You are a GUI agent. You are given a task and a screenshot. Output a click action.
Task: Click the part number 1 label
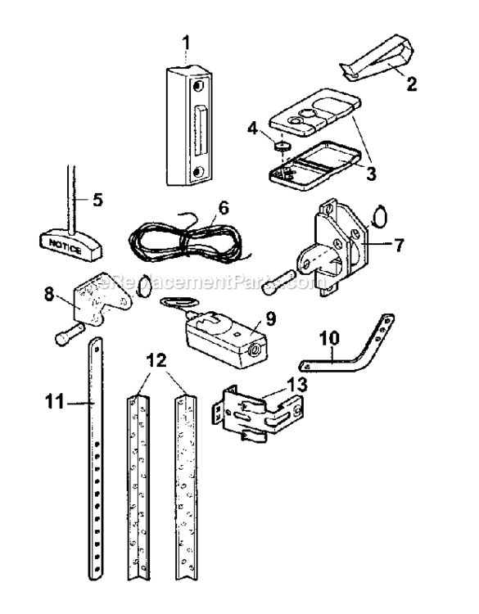pos(187,38)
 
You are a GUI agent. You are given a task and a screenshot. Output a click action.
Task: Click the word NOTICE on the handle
pos(63,242)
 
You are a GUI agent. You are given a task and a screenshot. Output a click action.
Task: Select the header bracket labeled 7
pos(336,246)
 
